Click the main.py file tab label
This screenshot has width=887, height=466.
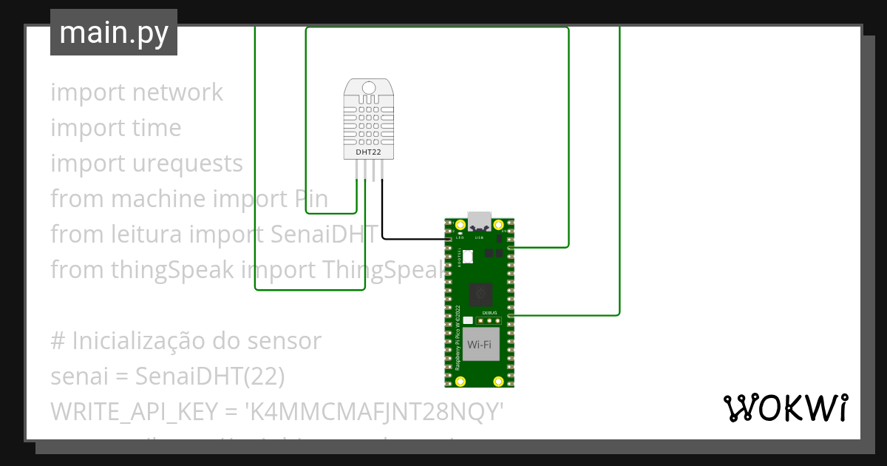114,33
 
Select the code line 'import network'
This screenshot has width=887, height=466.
137,92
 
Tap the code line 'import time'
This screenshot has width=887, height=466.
116,128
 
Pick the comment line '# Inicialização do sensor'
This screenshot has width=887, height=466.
186,341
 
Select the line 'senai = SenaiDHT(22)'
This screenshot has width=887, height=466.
168,376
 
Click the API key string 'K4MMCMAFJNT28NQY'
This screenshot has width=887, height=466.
377,412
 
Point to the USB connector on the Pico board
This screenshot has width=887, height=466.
479,220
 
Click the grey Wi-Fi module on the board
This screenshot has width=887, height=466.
480,345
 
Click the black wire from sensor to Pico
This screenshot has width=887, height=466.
414,239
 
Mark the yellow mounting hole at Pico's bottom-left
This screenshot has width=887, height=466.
461,381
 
